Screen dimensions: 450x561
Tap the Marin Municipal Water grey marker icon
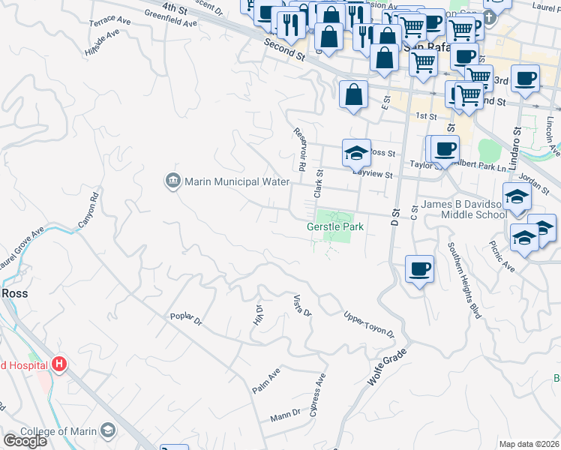(172, 181)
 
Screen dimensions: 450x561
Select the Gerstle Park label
(334, 226)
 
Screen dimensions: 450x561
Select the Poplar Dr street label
(187, 320)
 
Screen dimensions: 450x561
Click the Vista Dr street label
(301, 305)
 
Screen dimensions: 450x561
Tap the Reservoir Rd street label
(300, 148)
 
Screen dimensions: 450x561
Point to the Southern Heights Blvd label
(464, 281)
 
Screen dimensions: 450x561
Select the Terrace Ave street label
(109, 21)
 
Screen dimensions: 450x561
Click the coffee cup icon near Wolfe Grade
(419, 268)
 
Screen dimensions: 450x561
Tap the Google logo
(24, 440)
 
